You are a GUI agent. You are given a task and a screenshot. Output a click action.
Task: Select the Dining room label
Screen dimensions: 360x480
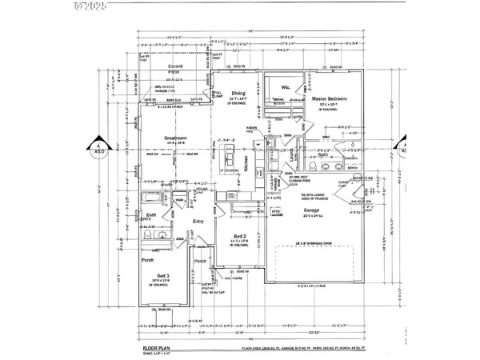(x=238, y=93)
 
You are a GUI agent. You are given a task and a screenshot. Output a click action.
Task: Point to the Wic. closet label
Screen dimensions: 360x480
(x=286, y=87)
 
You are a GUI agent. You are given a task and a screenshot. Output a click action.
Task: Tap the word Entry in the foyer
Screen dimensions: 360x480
(x=200, y=222)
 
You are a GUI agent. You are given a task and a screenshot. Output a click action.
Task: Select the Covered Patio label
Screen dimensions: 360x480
(x=170, y=73)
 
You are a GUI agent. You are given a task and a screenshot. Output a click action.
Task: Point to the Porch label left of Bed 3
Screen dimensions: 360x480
(x=147, y=259)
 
